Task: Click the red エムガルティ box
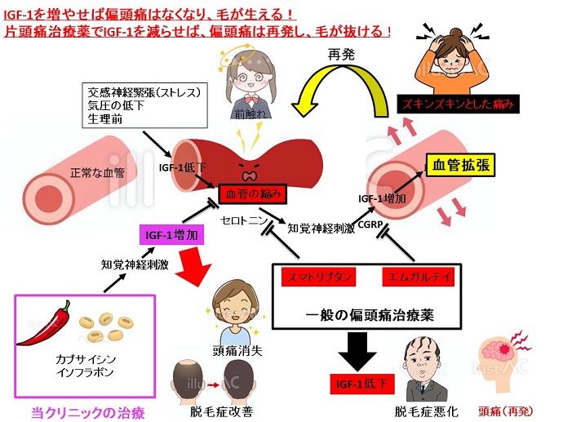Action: tap(418, 278)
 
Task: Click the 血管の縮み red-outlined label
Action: tap(255, 193)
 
